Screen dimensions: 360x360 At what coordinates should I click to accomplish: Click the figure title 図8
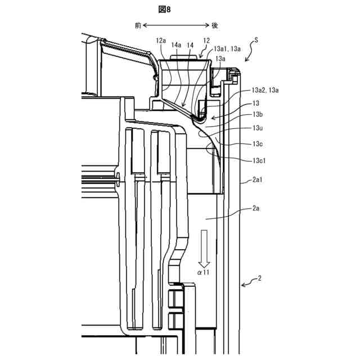pyautogui.click(x=164, y=10)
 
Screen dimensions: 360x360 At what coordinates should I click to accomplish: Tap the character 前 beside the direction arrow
pyautogui.click(x=138, y=25)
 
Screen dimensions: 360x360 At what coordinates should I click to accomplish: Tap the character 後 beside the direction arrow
pyautogui.click(x=214, y=25)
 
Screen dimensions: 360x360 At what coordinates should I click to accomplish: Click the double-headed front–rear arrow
pyautogui.click(x=176, y=25)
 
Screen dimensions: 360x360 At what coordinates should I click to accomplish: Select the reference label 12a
pyautogui.click(x=161, y=40)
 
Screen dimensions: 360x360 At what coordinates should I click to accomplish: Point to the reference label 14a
pyautogui.click(x=176, y=45)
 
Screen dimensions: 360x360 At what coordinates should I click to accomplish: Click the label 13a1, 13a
pyautogui.click(x=227, y=49)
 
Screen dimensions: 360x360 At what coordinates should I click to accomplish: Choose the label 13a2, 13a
pyautogui.click(x=265, y=90)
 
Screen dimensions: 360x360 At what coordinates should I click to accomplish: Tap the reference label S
pyautogui.click(x=256, y=40)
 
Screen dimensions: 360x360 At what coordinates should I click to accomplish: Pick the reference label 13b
pyautogui.click(x=258, y=114)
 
